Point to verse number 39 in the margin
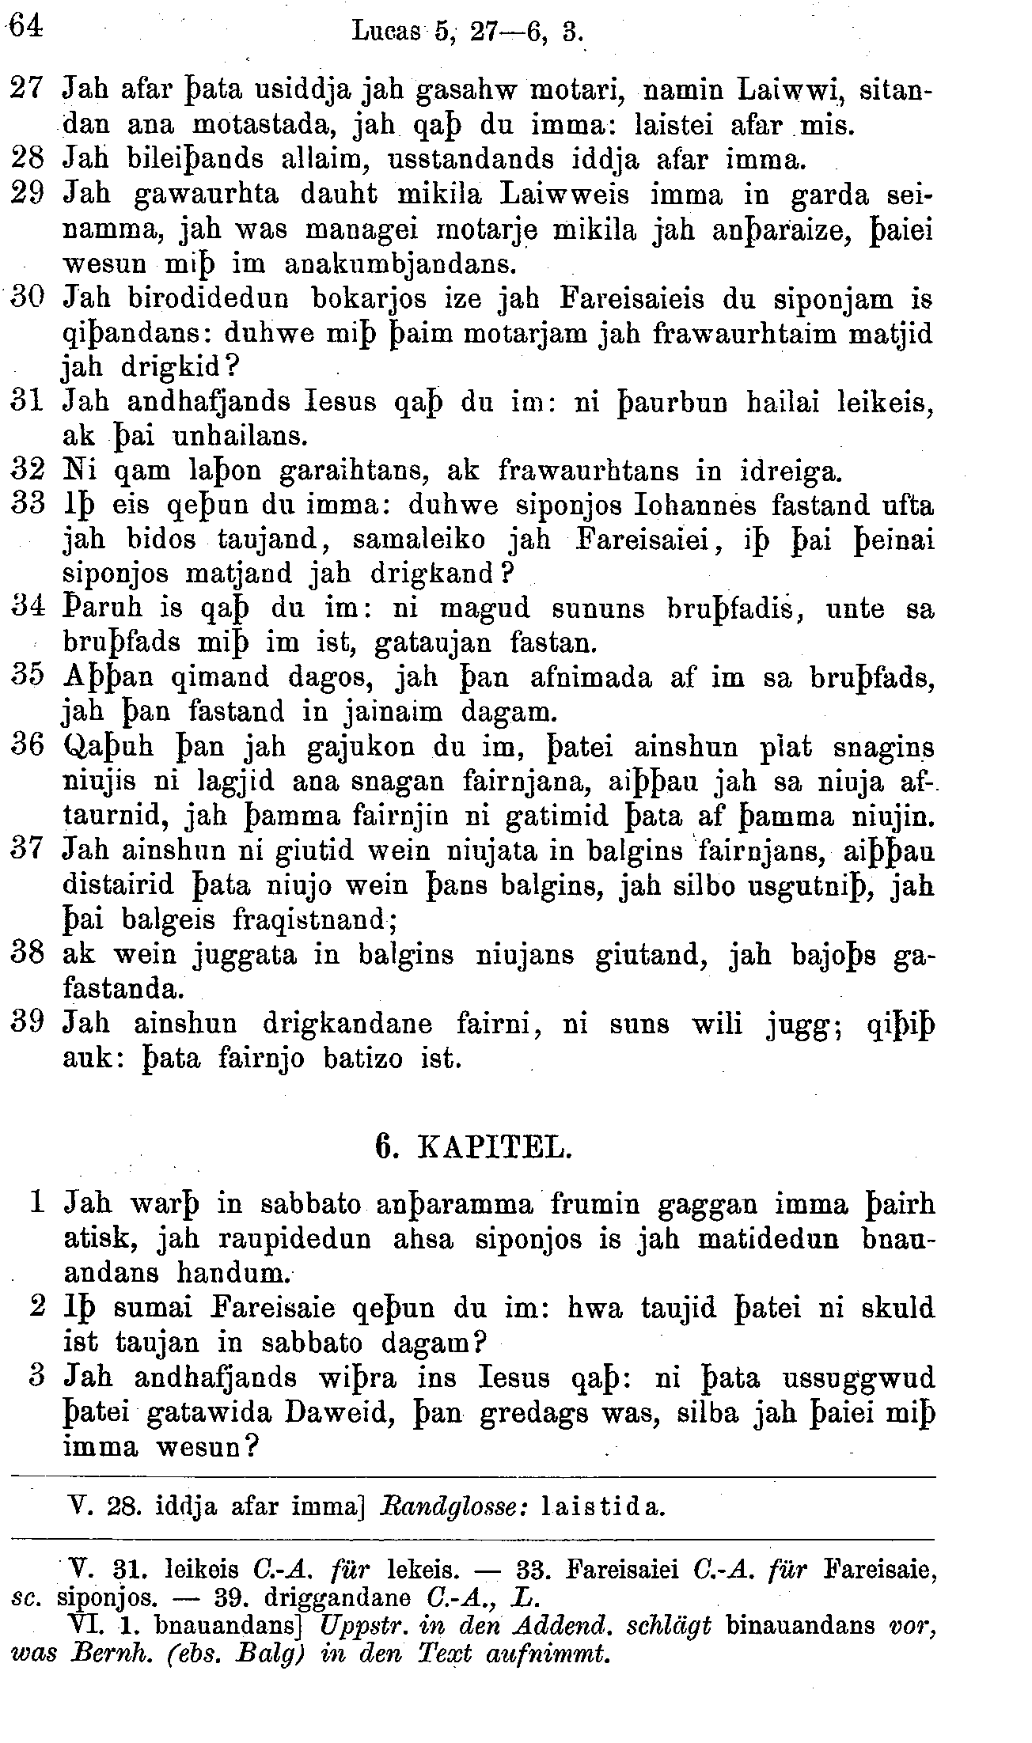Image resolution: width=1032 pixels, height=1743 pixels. pos(28,1024)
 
